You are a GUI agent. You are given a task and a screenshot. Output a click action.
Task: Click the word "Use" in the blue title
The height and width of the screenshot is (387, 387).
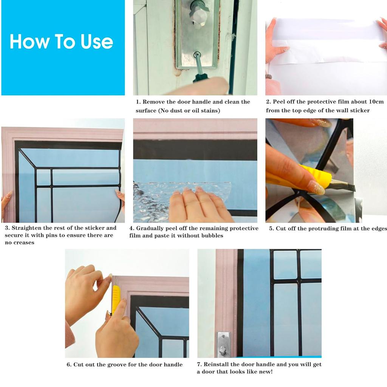click(97, 42)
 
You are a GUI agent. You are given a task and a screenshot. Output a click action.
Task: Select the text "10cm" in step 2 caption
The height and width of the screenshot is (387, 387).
click(376, 102)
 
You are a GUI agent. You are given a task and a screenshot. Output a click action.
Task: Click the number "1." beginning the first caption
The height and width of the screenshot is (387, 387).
click(138, 102)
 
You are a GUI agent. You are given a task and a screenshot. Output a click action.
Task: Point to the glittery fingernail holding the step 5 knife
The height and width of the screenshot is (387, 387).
click(316, 187)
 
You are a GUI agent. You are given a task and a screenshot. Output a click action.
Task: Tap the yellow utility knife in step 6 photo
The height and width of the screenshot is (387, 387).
click(116, 299)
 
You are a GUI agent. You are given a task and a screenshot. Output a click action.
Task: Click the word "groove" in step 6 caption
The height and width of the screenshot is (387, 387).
click(120, 365)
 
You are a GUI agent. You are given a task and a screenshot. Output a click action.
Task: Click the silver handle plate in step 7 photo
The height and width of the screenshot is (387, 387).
click(223, 344)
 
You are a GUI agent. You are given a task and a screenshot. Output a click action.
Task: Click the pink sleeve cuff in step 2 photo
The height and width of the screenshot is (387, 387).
click(272, 86)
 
